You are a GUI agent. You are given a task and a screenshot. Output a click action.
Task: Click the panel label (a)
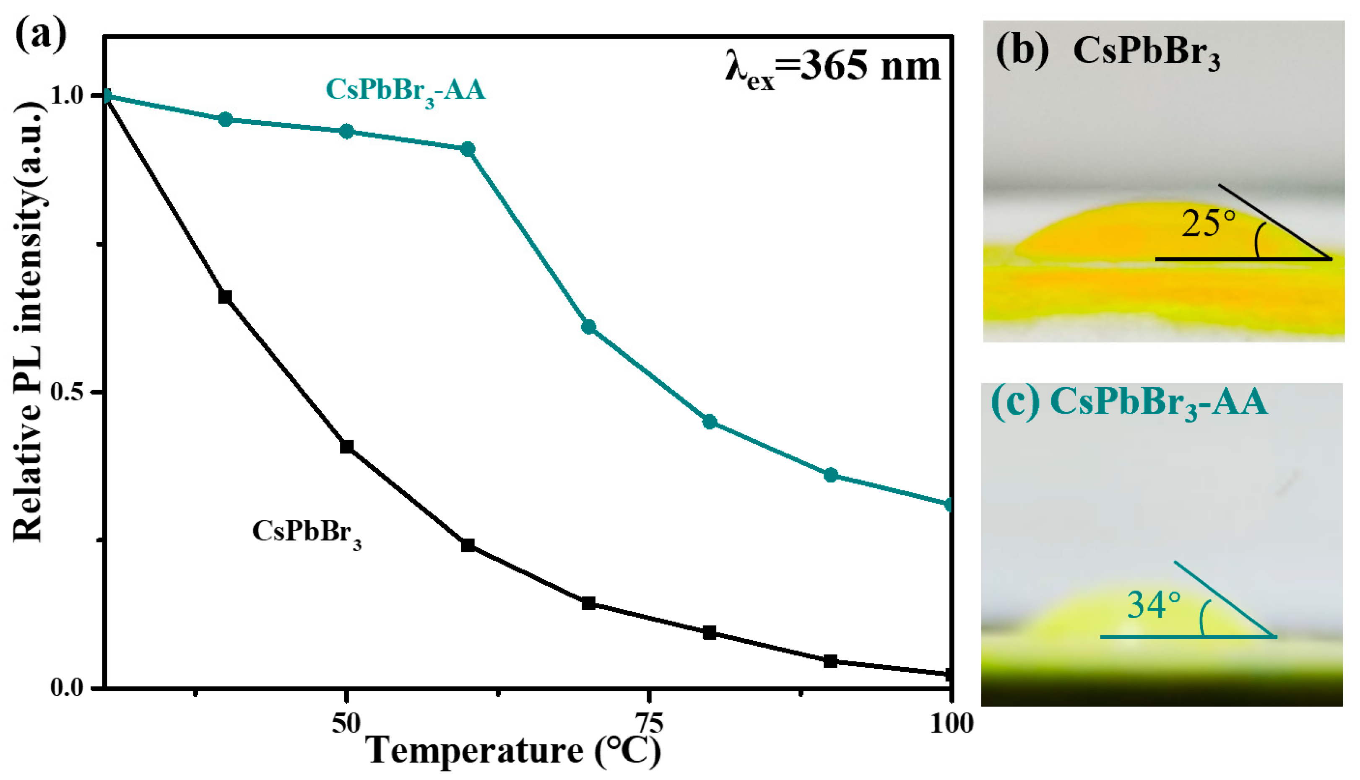click(40, 33)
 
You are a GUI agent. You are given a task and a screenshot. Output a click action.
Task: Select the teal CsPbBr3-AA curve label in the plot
click(405, 90)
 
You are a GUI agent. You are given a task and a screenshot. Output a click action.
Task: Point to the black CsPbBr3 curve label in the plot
click(306, 532)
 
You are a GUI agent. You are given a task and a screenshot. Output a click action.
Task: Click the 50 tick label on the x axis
click(346, 723)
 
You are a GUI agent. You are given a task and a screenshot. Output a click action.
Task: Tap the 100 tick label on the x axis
click(951, 723)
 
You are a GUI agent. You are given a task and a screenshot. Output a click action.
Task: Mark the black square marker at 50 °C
click(347, 446)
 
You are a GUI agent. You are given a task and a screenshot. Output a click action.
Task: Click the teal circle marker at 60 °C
click(468, 149)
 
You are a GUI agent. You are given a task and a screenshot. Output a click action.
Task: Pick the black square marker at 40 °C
click(225, 296)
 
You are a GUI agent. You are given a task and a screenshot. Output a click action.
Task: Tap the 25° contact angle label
click(1208, 224)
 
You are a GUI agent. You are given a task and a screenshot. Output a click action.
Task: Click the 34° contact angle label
click(1154, 605)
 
